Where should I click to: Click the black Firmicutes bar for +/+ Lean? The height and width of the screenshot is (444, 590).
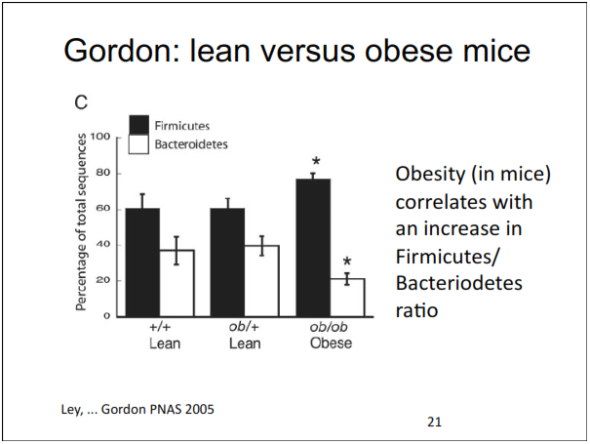(142, 262)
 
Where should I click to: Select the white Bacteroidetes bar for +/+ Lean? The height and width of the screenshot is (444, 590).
(177, 283)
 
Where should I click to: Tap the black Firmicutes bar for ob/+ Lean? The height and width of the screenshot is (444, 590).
(227, 262)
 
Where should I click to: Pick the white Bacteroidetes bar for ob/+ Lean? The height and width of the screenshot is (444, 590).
(261, 281)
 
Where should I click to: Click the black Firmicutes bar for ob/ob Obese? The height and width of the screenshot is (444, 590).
(313, 248)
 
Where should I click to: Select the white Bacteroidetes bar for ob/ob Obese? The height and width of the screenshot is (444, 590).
(348, 297)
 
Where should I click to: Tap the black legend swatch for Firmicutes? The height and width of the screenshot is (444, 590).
(139, 125)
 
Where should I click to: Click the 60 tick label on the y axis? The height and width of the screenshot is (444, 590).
(101, 209)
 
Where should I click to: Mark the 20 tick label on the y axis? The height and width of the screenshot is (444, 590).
(101, 281)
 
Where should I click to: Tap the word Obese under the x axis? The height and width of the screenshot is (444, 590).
(331, 344)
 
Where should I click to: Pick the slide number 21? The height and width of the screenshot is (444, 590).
(435, 422)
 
